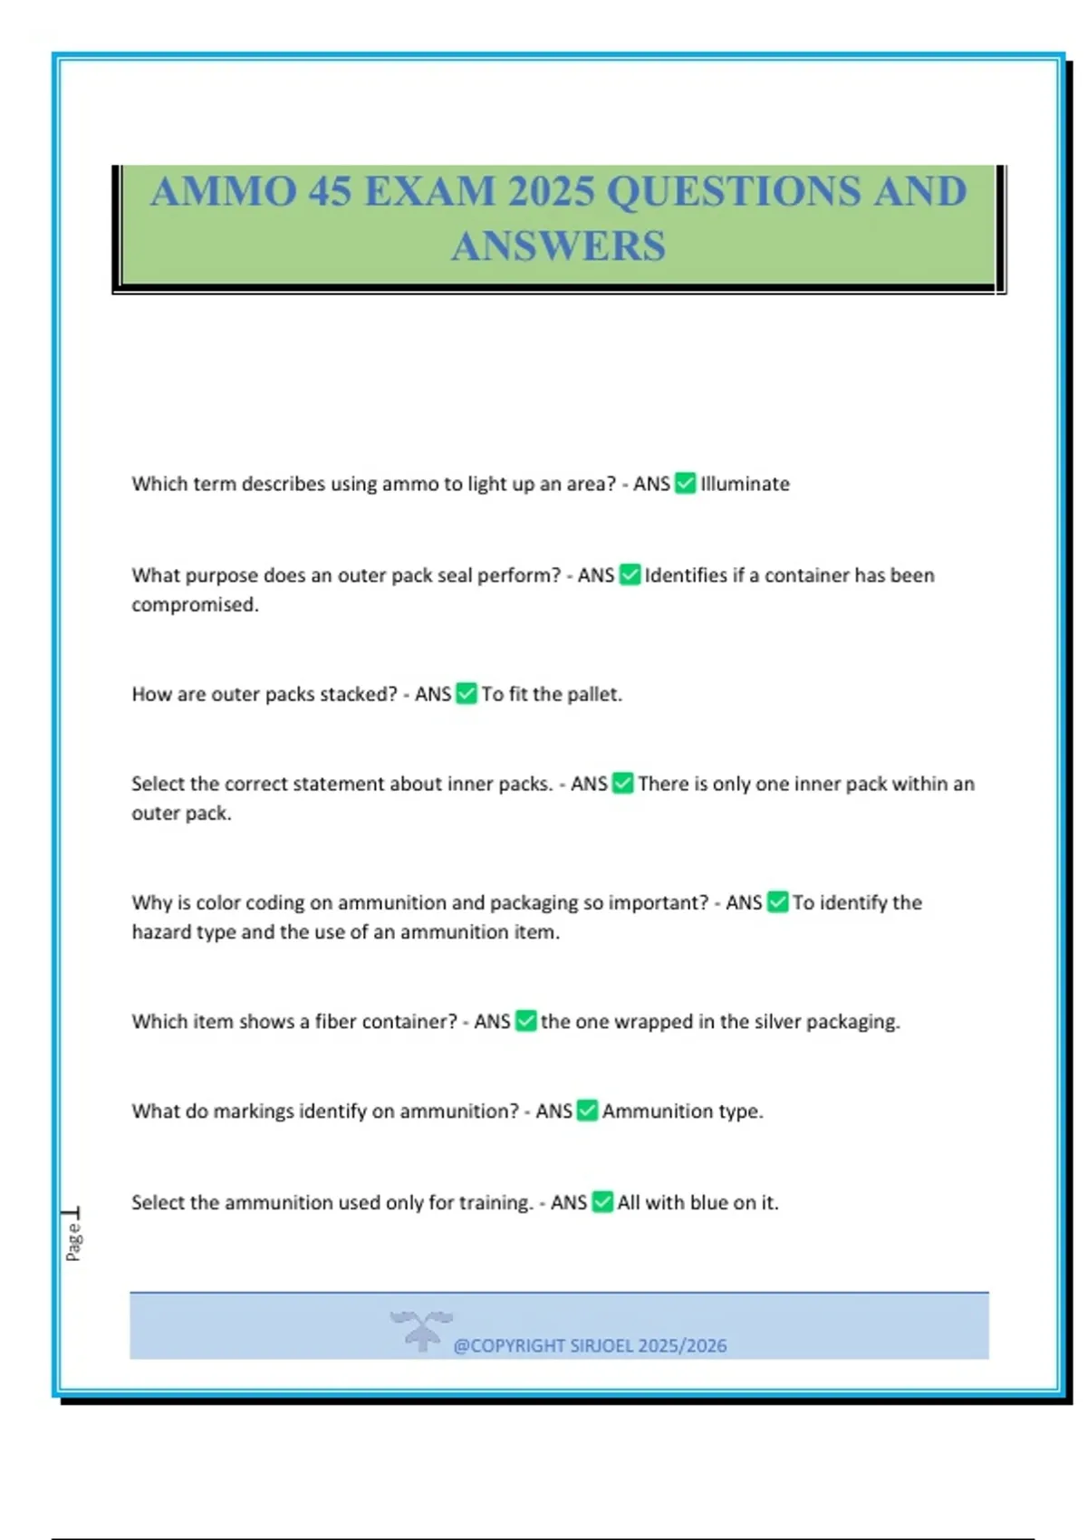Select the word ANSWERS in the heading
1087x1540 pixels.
pyautogui.click(x=558, y=246)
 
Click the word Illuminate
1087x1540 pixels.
pyautogui.click(x=745, y=484)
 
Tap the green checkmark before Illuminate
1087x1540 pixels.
pyautogui.click(x=686, y=484)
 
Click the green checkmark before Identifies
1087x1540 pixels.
pyautogui.click(x=630, y=575)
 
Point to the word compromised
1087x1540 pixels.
pyautogui.click(x=195, y=605)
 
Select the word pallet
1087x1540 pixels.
pyautogui.click(x=594, y=695)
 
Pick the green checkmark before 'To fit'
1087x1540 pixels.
pyautogui.click(x=467, y=695)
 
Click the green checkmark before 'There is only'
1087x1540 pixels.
pyautogui.click(x=622, y=784)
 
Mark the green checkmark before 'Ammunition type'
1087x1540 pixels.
pyautogui.click(x=587, y=1112)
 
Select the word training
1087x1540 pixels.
pyautogui.click(x=495, y=1203)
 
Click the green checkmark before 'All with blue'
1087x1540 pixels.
pyautogui.click(x=602, y=1203)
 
